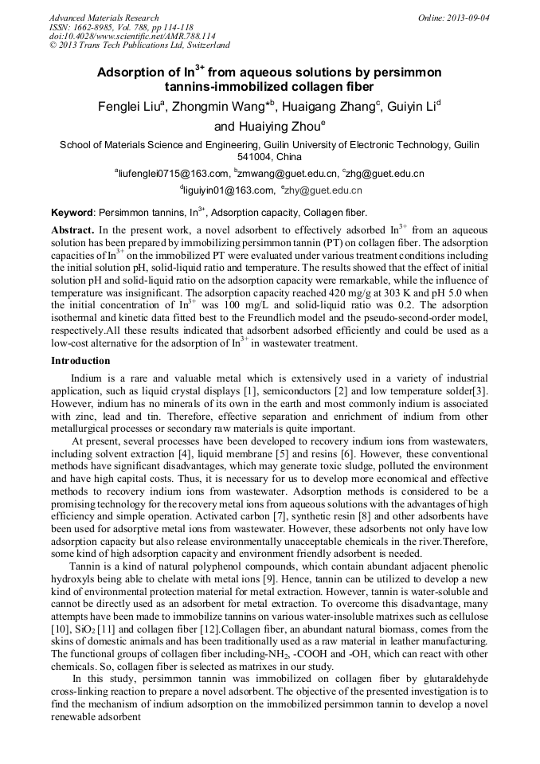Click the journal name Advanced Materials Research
point(104,18)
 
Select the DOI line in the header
point(132,37)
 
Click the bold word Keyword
point(72,213)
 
